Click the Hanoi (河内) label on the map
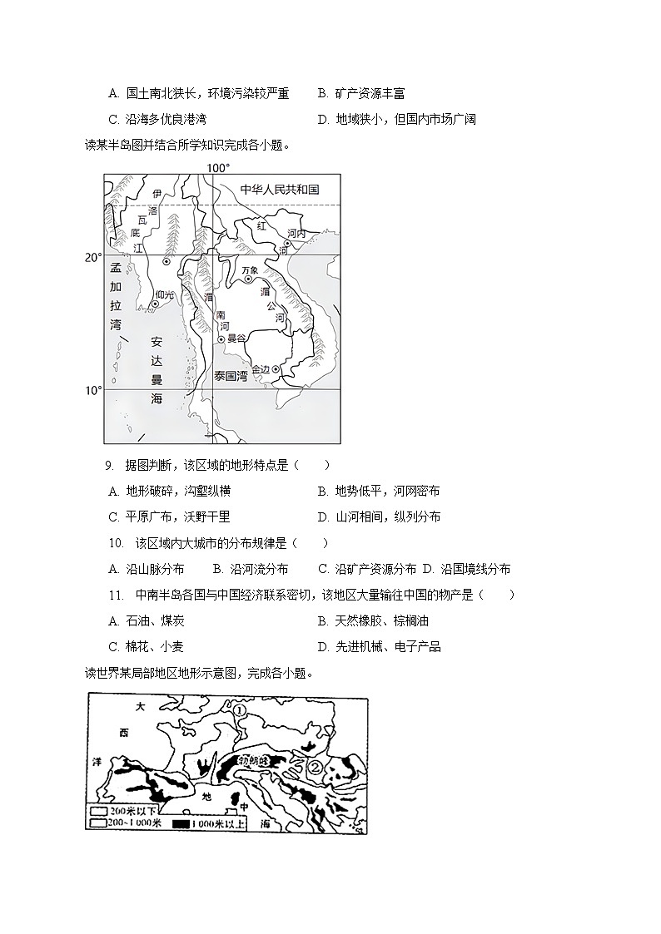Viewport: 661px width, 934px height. coord(296,235)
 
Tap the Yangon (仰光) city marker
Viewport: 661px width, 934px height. coord(155,304)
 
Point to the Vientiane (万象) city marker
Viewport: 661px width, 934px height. coord(248,279)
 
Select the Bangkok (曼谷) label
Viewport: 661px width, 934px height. coord(236,339)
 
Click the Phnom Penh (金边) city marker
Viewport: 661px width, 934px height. coord(276,369)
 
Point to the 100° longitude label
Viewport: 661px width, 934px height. coord(218,168)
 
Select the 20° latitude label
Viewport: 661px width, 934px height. coord(92,258)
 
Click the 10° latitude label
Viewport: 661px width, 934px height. coord(92,390)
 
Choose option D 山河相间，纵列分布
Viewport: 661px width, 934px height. coord(379,517)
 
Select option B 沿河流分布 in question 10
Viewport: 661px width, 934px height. coord(251,570)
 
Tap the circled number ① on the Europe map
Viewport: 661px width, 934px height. coord(239,710)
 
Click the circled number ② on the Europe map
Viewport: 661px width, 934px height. coord(316,768)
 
